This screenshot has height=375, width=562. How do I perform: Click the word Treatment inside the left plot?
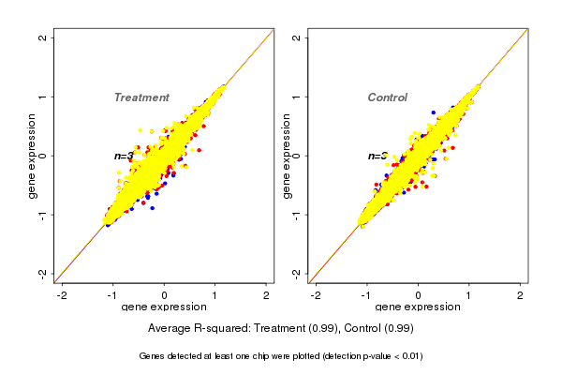(141, 97)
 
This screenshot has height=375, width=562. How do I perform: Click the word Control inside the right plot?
(387, 97)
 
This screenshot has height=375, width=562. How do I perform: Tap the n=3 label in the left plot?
(125, 157)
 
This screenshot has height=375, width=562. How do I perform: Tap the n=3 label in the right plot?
(377, 157)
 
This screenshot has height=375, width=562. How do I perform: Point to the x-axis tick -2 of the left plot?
(63, 295)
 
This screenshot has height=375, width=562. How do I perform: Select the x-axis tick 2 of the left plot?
(267, 295)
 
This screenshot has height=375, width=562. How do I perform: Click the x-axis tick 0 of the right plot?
(418, 295)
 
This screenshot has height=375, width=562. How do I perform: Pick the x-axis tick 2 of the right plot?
(520, 295)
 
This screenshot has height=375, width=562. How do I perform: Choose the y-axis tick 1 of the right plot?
(297, 97)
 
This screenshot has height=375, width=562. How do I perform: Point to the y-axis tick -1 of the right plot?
(297, 215)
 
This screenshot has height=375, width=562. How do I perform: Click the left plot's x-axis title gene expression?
(165, 307)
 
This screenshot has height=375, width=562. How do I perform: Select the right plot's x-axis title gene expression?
(418, 307)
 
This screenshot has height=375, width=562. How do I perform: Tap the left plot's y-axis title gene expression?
(34, 156)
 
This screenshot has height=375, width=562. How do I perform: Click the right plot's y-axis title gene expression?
(287, 156)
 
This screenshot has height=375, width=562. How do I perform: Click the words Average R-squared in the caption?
(195, 328)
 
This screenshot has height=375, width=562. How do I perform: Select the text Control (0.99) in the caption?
(378, 328)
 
